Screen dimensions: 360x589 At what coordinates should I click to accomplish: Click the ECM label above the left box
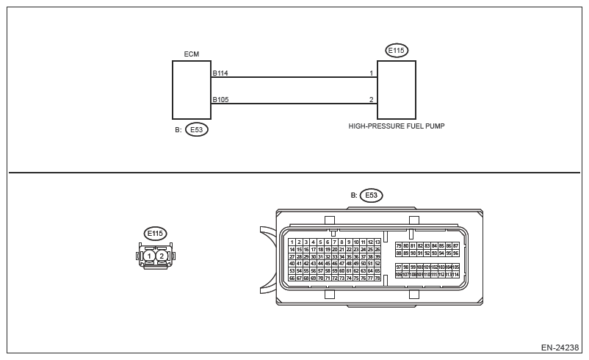[x=191, y=54]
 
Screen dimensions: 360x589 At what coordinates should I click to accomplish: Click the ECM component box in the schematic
[x=191, y=90]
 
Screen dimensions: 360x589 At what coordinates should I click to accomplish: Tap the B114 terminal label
[x=220, y=73]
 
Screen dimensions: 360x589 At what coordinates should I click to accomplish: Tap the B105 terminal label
[x=220, y=100]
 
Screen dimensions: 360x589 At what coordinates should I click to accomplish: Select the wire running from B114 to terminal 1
[x=294, y=76]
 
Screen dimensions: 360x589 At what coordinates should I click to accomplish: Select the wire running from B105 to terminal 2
[x=294, y=103]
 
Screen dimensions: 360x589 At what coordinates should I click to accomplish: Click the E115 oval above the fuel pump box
[x=397, y=51]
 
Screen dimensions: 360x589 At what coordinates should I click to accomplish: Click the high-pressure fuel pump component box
[x=397, y=90]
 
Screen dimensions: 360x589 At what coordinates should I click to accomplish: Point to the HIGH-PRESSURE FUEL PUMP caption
[x=397, y=126]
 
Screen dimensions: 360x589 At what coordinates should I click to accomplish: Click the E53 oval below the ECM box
[x=196, y=129]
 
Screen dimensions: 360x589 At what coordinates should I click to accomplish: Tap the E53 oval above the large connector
[x=371, y=195]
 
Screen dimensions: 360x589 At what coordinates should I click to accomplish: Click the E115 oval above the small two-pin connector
[x=155, y=234]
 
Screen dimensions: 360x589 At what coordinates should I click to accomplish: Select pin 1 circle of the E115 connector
[x=149, y=256]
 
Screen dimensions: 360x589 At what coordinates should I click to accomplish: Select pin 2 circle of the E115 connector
[x=162, y=256]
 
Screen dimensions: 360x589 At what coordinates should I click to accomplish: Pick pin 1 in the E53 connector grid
[x=292, y=242]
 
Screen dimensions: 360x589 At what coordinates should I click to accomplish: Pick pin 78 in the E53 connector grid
[x=377, y=278]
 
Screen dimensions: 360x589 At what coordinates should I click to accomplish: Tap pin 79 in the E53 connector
[x=399, y=245]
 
